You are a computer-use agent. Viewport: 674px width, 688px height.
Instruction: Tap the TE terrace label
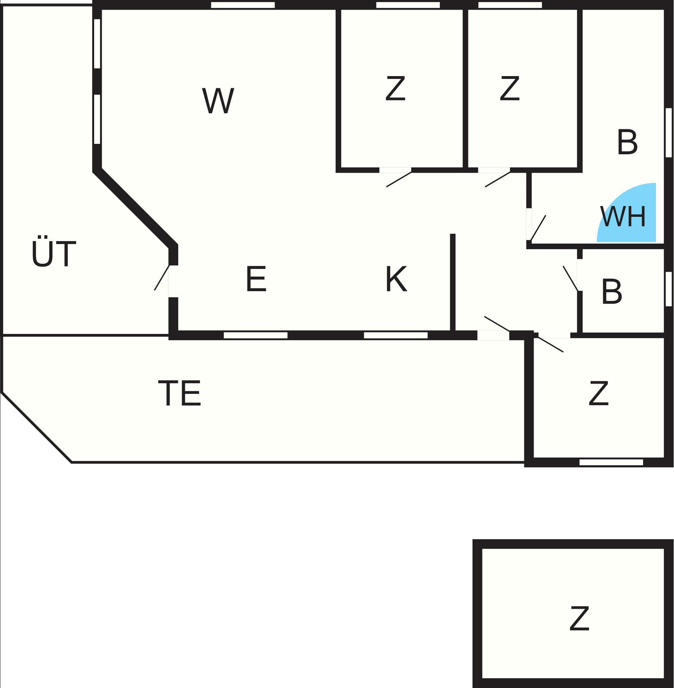click(x=180, y=393)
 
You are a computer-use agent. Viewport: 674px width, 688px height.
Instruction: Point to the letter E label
click(x=256, y=279)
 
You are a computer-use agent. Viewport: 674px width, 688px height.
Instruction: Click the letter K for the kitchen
click(x=396, y=279)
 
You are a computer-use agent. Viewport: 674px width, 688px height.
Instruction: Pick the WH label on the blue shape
click(x=623, y=216)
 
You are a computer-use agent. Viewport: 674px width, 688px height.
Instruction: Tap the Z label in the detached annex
click(x=579, y=618)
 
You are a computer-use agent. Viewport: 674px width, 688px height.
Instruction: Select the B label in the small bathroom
click(x=612, y=292)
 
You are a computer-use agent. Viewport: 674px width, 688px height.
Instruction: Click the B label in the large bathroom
click(x=627, y=142)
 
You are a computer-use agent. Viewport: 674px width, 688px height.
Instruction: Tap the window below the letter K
click(x=396, y=335)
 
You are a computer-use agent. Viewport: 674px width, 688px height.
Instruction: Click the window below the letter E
click(x=256, y=335)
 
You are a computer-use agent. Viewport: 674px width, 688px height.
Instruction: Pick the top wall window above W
click(x=243, y=5)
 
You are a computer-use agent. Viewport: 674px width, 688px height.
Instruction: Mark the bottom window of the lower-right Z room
click(x=611, y=462)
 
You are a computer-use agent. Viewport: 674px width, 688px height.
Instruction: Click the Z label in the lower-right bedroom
click(x=599, y=393)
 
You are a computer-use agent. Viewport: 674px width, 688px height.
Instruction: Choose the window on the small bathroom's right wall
click(x=668, y=289)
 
